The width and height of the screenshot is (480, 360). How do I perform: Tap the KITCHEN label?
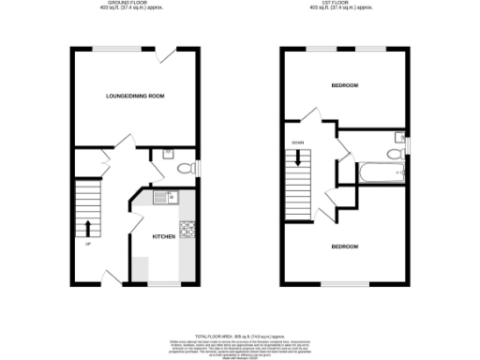click(x=164, y=236)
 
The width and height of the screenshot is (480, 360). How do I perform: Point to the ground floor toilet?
click(x=184, y=169)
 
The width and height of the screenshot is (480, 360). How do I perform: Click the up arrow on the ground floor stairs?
click(x=88, y=227)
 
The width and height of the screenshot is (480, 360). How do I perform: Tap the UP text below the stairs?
click(x=88, y=245)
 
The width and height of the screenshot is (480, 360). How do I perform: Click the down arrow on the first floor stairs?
click(x=298, y=160)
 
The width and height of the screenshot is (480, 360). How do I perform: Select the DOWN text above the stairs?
click(x=297, y=142)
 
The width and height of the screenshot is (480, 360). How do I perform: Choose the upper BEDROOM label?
click(x=345, y=85)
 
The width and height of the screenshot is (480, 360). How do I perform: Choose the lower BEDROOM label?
click(x=344, y=246)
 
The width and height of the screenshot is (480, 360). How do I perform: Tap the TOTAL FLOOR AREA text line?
click(x=240, y=335)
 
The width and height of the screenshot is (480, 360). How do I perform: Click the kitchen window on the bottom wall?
click(x=163, y=282)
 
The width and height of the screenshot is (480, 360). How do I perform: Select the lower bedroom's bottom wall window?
click(x=345, y=282)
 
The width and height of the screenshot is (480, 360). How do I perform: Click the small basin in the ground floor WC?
click(x=167, y=153)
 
